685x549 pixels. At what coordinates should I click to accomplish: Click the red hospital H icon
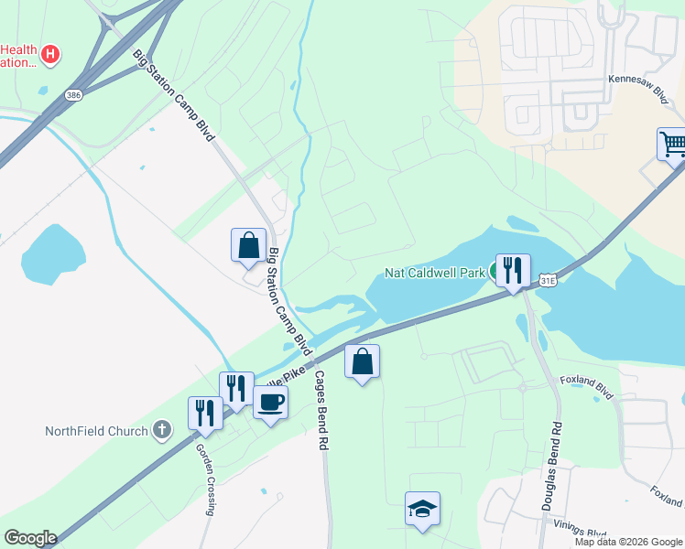point(51,54)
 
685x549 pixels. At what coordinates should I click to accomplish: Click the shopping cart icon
point(672,144)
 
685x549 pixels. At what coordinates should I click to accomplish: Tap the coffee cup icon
point(270,401)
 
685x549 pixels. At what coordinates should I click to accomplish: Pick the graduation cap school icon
point(422,508)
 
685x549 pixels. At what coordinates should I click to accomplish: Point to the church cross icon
point(161,429)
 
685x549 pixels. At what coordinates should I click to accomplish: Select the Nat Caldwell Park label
point(434,272)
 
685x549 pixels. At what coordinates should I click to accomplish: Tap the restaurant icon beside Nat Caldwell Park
point(511,270)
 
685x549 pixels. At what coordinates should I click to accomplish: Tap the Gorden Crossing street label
point(207,479)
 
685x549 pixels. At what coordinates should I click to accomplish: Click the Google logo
point(29,538)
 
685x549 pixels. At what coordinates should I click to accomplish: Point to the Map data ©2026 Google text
point(628,542)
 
